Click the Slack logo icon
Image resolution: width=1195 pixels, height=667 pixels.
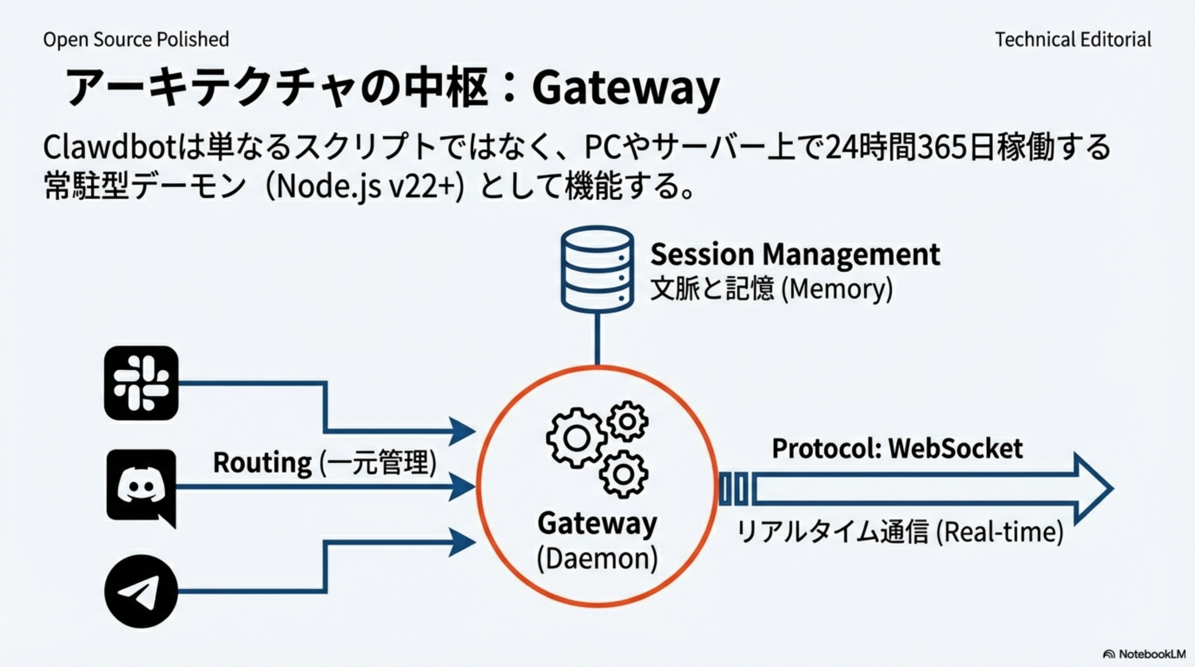click(141, 383)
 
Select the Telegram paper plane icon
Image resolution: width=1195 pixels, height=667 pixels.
click(141, 591)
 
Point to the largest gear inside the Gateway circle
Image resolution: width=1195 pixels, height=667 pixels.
click(577, 437)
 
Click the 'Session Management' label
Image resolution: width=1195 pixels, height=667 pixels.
click(795, 254)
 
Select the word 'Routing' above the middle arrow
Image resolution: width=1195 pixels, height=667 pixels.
click(263, 463)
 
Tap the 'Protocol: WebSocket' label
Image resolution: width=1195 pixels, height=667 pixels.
click(897, 449)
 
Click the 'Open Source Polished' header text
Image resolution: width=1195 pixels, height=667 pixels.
click(136, 40)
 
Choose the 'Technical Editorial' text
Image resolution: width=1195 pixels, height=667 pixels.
click(1073, 40)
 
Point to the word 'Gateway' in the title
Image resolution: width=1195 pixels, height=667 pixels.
click(626, 88)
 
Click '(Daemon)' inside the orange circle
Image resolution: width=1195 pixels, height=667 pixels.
click(597, 559)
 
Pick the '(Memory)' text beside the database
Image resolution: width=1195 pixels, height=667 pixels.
click(837, 289)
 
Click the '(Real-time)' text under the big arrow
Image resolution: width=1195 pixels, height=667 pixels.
click(999, 532)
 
